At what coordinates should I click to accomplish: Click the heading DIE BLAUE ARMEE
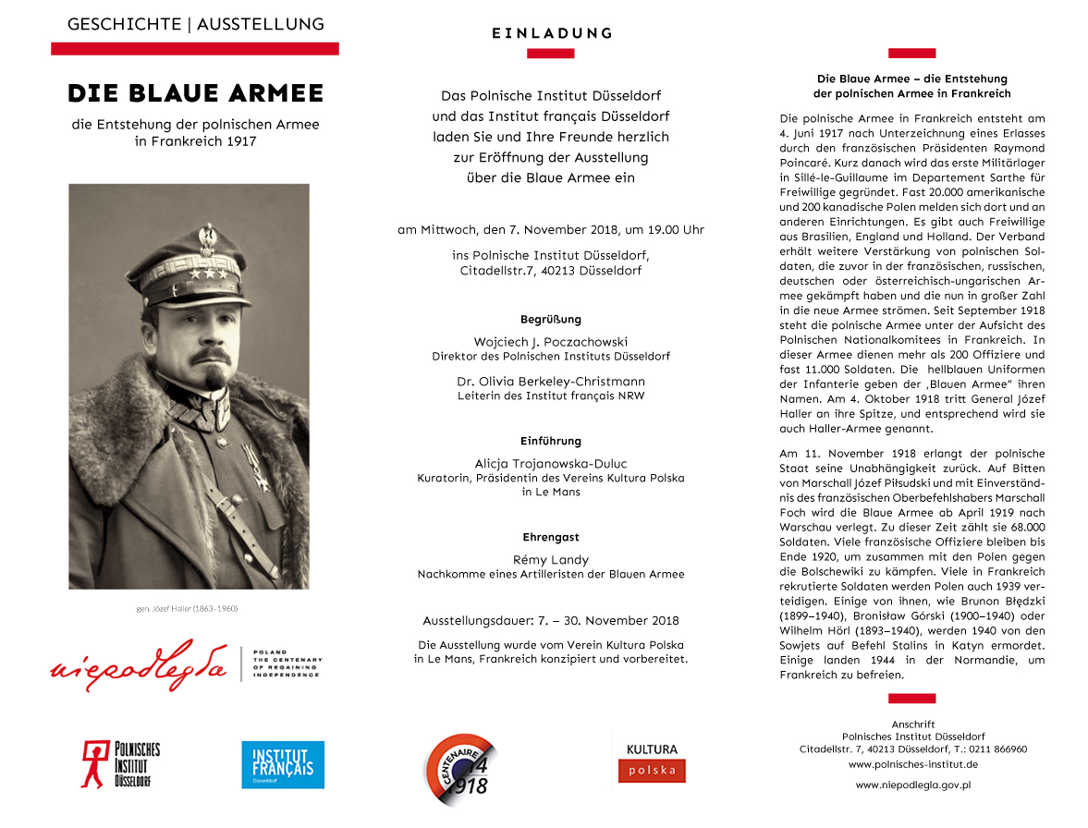click(195, 93)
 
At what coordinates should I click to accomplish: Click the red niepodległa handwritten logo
click(139, 664)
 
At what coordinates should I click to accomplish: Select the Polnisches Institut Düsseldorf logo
click(120, 763)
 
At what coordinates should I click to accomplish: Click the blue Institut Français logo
click(282, 764)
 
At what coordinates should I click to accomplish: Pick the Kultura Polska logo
click(652, 760)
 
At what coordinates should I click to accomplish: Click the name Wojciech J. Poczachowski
click(551, 341)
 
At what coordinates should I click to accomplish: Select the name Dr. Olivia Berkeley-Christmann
click(551, 381)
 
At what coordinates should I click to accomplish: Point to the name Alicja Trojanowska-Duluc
click(551, 463)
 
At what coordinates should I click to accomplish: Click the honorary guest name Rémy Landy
click(551, 559)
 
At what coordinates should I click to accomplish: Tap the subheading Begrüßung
click(551, 319)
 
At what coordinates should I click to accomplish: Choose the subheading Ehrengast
click(551, 537)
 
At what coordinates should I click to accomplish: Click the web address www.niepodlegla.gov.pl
click(912, 785)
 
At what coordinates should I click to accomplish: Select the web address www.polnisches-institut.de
click(912, 764)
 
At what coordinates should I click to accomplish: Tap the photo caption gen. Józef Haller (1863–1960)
click(189, 608)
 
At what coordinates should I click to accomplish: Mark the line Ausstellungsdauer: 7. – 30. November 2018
click(551, 620)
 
